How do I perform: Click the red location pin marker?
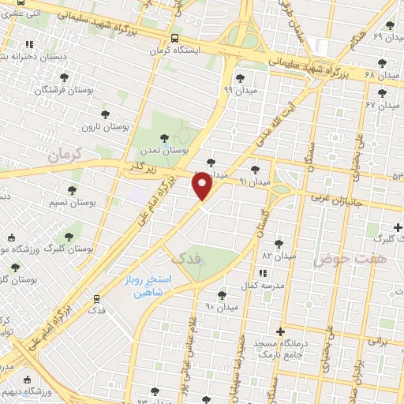203,185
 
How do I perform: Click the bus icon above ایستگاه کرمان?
174,37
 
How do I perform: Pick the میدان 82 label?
279,256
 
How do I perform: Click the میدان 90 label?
222,306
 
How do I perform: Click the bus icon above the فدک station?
97,299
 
